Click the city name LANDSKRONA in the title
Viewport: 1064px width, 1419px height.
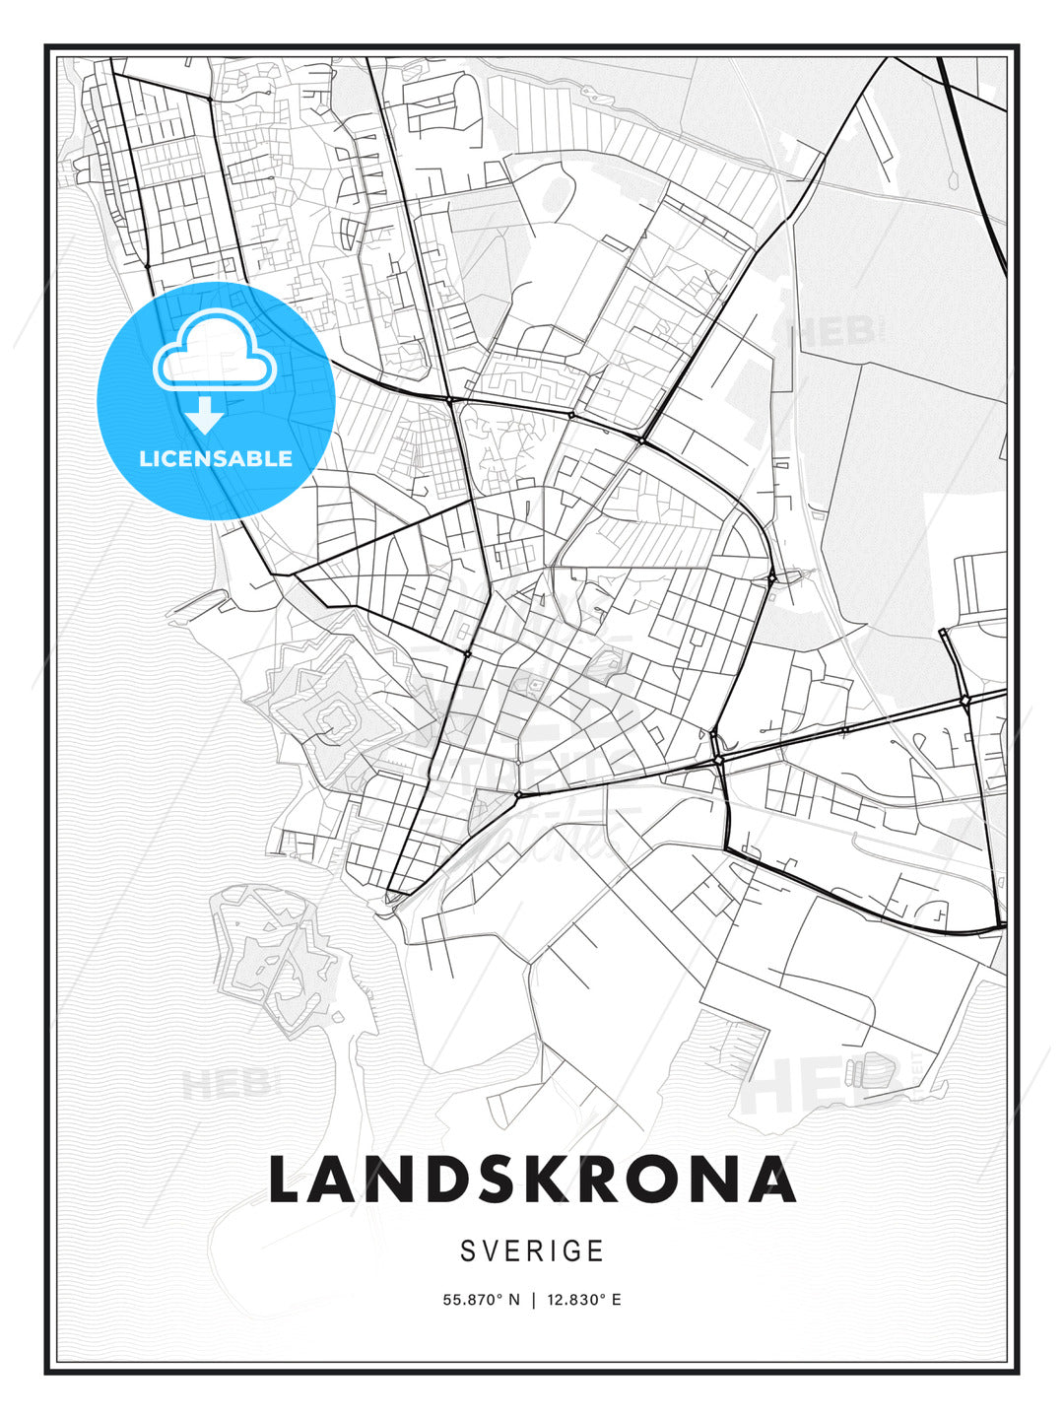pos(532,1180)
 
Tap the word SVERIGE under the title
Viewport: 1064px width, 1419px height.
pos(532,1250)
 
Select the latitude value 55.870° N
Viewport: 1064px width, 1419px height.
pos(481,1300)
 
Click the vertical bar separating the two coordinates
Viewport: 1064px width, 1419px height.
pos(533,1300)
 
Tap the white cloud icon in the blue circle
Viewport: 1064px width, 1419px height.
pos(214,353)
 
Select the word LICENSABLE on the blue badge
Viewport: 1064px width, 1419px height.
pos(216,458)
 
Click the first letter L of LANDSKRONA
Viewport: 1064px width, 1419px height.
pos(288,1180)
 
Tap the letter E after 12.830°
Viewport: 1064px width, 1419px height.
pos(617,1300)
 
